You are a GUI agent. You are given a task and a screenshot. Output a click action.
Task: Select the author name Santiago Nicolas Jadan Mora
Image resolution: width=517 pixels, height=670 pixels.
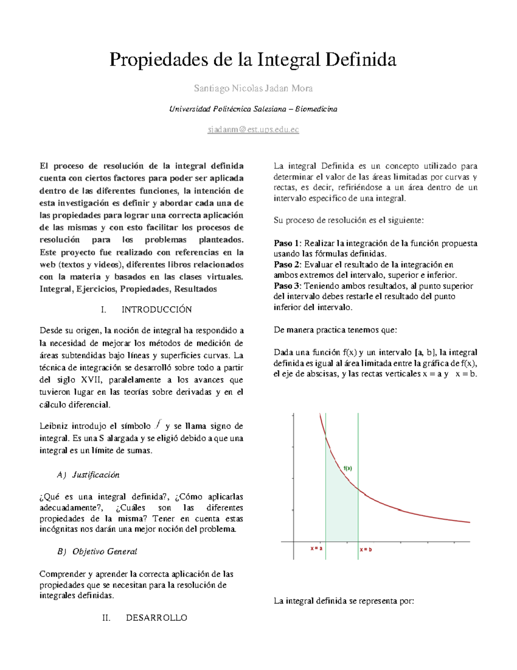click(253, 88)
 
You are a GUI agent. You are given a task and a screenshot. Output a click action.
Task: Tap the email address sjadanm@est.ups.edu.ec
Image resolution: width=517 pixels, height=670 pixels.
click(253, 129)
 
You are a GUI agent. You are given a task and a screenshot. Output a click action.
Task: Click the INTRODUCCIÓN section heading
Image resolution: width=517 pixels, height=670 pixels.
click(156, 309)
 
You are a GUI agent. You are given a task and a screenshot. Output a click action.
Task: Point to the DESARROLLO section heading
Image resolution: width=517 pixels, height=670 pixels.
click(156, 618)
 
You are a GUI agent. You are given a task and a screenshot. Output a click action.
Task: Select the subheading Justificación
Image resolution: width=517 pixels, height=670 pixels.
click(96, 475)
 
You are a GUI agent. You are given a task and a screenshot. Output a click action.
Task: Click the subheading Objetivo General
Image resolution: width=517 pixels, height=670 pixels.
click(105, 551)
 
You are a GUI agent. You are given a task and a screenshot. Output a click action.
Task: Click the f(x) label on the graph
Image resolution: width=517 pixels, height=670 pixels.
click(348, 468)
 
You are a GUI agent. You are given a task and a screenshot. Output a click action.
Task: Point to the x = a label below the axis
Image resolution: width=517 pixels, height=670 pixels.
click(317, 548)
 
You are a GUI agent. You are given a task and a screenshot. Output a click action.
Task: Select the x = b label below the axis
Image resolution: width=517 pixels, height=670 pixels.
click(366, 550)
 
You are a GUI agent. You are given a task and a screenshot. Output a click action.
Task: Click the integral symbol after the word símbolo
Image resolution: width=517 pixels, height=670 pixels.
click(158, 425)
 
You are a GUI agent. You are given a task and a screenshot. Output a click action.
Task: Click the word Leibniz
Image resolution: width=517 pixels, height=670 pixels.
click(53, 426)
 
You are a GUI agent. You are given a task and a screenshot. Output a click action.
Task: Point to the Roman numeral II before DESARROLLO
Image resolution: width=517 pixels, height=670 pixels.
click(106, 618)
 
